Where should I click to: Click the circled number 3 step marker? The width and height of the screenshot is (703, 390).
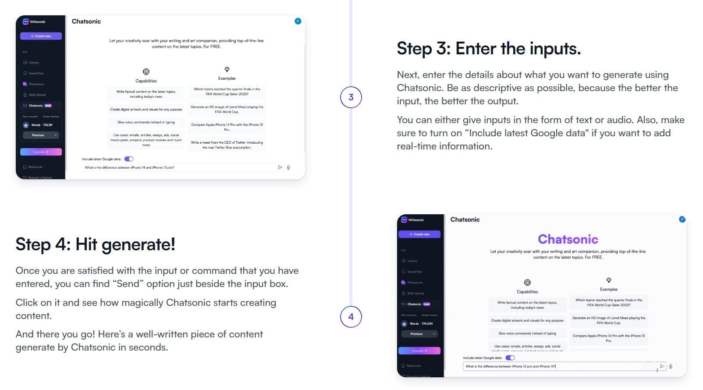(x=351, y=97)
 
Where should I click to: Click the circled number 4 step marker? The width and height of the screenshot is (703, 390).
(x=351, y=317)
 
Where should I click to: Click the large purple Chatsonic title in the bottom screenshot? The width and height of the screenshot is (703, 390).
(x=568, y=239)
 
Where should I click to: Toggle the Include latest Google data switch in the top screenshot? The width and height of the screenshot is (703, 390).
(x=129, y=159)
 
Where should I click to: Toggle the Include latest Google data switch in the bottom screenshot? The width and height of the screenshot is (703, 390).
(x=510, y=358)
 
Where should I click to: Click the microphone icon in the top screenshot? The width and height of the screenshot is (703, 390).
(x=288, y=167)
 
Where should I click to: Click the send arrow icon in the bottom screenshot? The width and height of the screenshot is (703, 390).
(x=662, y=366)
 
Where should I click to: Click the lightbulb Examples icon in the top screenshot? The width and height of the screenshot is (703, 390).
(x=227, y=69)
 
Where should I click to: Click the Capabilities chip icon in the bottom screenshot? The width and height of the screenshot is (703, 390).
(x=527, y=283)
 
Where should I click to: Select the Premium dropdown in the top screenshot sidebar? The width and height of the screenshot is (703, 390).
(x=40, y=135)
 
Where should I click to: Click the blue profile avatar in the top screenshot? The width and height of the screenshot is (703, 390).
(x=298, y=21)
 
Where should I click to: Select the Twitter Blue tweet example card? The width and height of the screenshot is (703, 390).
(x=227, y=145)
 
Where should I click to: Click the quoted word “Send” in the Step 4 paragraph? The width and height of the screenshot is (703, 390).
(x=128, y=284)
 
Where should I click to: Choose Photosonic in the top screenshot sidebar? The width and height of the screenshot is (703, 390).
(x=36, y=84)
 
